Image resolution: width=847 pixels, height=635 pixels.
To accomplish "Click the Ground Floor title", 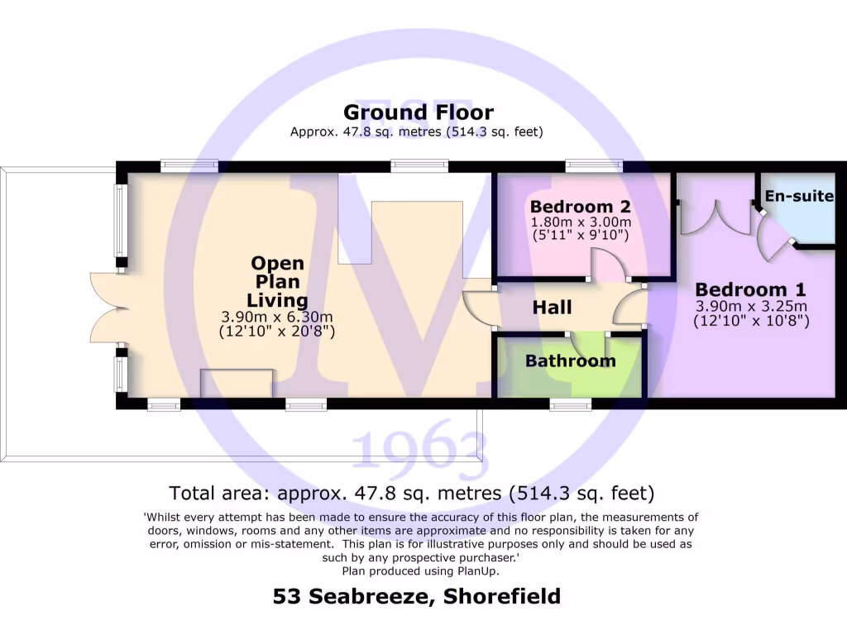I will [418, 112].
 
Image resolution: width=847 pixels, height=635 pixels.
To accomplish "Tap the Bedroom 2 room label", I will [581, 206].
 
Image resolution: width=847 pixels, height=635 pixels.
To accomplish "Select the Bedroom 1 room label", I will [750, 289].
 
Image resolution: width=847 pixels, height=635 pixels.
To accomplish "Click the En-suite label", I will [799, 196].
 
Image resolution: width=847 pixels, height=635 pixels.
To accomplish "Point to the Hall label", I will [552, 308].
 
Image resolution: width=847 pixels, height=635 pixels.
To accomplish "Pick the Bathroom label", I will [570, 360].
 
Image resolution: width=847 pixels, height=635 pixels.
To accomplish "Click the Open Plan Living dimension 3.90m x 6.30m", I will [276, 317].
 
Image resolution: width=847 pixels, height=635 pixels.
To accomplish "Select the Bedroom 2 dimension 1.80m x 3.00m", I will [581, 222].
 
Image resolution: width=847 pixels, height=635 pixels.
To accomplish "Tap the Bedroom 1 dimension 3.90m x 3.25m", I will [750, 306].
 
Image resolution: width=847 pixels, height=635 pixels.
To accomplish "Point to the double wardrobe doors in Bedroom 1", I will [711, 218].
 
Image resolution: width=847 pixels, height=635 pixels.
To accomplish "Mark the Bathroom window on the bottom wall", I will [570, 404].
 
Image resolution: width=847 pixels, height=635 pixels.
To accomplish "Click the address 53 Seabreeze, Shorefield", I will [417, 596].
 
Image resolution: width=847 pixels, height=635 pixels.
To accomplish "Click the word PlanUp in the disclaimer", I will [475, 571].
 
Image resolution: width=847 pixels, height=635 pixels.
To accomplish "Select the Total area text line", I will [412, 494].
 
